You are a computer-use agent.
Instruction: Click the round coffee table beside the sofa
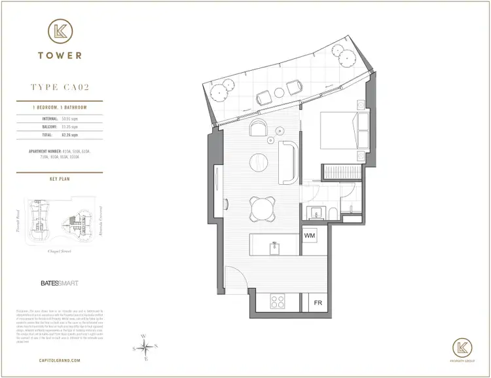[259, 161]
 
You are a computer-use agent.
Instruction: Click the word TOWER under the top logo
[60, 56]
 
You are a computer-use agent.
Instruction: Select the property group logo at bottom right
[463, 349]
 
